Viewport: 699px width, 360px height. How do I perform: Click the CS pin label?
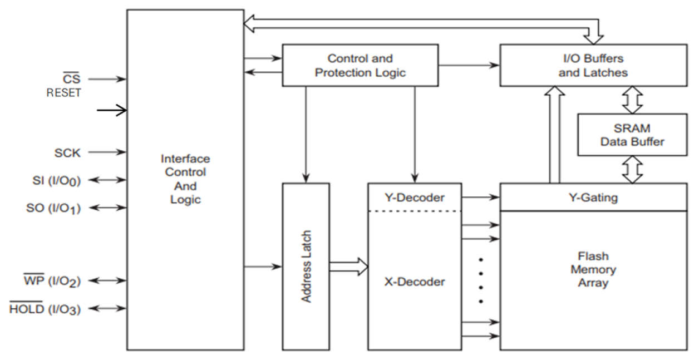(71, 79)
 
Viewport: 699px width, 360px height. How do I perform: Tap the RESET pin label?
(63, 93)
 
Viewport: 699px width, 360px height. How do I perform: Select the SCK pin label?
(68, 151)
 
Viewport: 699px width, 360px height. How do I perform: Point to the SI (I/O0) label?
(56, 180)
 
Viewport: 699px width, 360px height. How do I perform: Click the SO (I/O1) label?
(55, 208)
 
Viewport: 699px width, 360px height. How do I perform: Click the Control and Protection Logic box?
(360, 66)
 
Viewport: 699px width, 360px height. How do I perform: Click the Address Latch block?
(306, 267)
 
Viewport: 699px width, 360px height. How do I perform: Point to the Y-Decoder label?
(415, 197)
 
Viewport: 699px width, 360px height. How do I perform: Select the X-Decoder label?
(415, 282)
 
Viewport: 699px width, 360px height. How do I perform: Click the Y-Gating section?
(593, 197)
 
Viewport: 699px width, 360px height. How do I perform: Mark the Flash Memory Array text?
(593, 270)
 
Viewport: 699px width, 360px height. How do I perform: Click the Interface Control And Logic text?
(185, 179)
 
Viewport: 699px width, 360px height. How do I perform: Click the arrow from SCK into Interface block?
(107, 151)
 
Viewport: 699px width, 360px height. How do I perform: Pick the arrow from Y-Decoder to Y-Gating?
(480, 197)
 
